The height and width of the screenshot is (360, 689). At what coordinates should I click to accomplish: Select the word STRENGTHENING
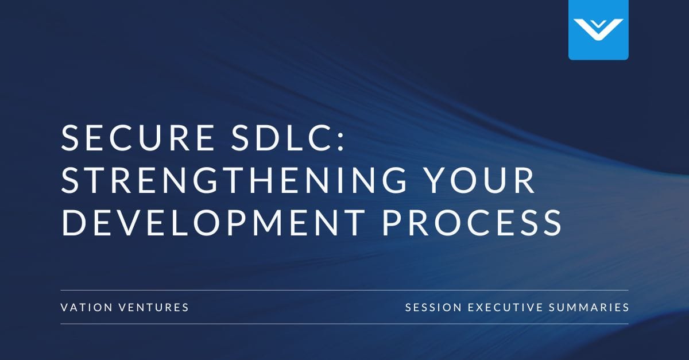(235, 180)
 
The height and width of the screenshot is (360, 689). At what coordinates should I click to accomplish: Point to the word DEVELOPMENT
(212, 222)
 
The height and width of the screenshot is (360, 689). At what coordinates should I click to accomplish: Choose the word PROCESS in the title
(472, 222)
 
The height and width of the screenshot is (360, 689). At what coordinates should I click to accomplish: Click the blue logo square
(598, 30)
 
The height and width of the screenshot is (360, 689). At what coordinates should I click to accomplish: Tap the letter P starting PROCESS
(392, 222)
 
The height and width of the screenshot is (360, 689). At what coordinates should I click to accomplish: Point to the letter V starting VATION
(64, 308)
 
